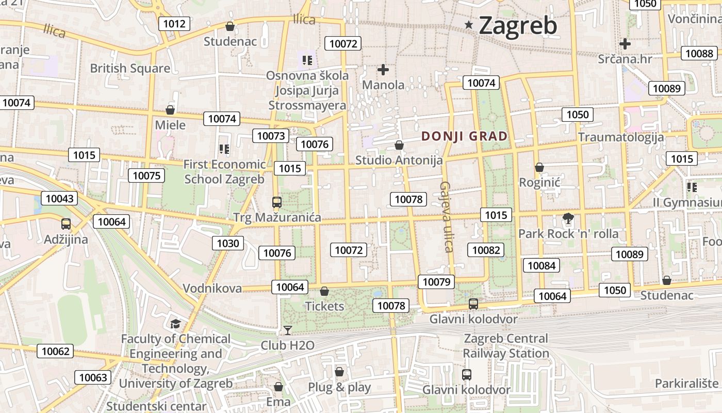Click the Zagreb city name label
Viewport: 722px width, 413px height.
(x=518, y=26)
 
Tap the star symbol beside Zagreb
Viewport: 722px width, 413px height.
(x=469, y=24)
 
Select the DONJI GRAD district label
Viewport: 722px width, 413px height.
(x=465, y=136)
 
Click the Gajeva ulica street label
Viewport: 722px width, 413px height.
(x=447, y=217)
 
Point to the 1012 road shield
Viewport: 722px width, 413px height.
(x=174, y=23)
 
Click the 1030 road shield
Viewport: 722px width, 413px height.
(x=228, y=243)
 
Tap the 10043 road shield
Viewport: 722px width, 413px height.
(x=59, y=198)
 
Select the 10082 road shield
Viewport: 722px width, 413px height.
(x=486, y=250)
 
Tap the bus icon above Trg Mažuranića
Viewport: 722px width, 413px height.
(x=277, y=202)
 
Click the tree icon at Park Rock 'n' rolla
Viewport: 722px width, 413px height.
(x=568, y=218)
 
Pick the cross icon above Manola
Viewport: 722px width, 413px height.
(x=383, y=69)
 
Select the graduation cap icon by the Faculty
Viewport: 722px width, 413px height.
(x=175, y=324)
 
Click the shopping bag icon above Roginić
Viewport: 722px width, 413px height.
(x=539, y=167)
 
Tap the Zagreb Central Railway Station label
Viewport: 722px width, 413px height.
(x=505, y=346)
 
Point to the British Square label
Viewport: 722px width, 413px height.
(x=130, y=68)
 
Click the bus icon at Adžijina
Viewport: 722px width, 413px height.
(x=66, y=224)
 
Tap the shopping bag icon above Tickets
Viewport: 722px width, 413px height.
(x=324, y=291)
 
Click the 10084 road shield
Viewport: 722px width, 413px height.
(x=541, y=265)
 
